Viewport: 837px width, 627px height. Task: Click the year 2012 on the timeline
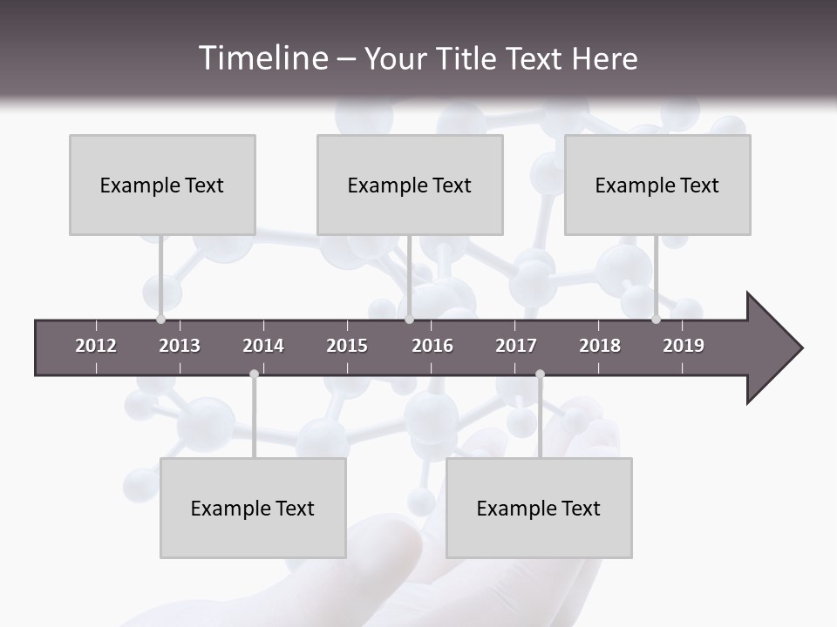[x=96, y=346]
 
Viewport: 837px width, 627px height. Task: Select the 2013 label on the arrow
[x=180, y=346]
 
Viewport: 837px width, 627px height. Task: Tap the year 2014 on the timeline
[x=263, y=346]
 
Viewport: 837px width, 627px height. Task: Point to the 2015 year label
[x=347, y=346]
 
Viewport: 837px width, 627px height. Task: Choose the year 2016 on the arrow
[x=432, y=346]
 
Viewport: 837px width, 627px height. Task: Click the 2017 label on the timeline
[x=516, y=346]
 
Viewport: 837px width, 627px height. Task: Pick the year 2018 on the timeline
[x=600, y=346]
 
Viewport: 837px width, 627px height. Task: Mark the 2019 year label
[x=684, y=346]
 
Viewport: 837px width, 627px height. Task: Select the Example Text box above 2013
[x=162, y=185]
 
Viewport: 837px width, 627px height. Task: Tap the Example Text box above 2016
[x=410, y=185]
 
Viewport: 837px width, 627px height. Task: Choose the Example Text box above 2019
[x=657, y=185]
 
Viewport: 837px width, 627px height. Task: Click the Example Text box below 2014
[x=253, y=508]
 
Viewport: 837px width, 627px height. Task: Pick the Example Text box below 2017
[x=539, y=508]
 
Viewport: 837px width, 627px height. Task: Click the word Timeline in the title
[x=262, y=58]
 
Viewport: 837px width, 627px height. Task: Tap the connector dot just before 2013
[x=160, y=320]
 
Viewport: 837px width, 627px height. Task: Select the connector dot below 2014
[x=254, y=374]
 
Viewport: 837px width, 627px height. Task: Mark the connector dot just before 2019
[x=656, y=320]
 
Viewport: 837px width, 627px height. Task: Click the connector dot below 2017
[x=540, y=374]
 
